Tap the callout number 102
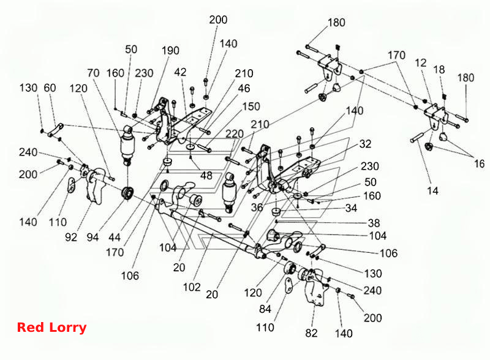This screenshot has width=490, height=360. (192, 287)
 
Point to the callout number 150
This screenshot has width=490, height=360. (251, 107)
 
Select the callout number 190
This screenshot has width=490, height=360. (170, 51)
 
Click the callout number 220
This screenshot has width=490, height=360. (235, 134)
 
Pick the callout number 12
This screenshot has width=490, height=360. (421, 63)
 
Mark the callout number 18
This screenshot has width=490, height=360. (439, 70)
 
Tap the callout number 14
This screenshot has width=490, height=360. (433, 190)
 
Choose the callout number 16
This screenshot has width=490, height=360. (479, 163)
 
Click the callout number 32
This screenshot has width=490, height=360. (365, 144)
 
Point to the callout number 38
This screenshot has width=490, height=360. (374, 223)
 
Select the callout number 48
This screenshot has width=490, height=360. (206, 176)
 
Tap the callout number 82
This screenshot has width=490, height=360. (311, 333)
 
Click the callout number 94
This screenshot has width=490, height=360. (92, 238)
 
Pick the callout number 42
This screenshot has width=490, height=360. (180, 72)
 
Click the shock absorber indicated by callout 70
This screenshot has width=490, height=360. (127, 145)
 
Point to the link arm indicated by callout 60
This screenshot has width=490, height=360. (56, 130)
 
